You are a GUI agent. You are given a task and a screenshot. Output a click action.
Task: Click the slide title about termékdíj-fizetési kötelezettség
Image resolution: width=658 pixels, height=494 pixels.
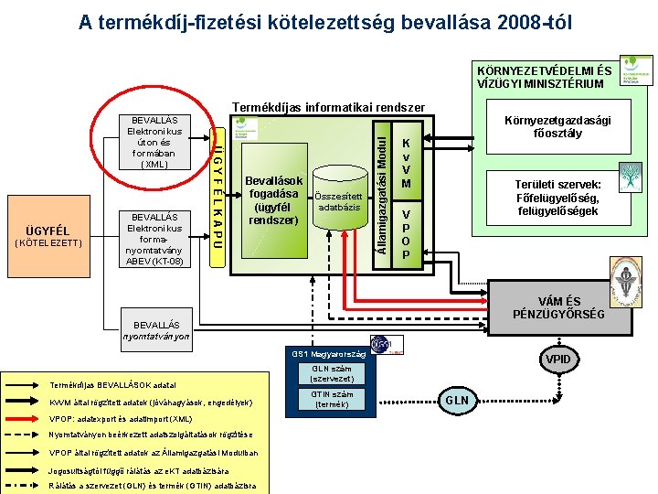pyautogui.click(x=324, y=21)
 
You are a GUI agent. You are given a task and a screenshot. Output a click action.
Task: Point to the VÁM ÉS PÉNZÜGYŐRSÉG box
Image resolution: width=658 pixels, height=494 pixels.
pyautogui.click(x=558, y=307)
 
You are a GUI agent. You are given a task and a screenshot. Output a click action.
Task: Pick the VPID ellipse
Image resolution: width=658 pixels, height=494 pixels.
pyautogui.click(x=557, y=359)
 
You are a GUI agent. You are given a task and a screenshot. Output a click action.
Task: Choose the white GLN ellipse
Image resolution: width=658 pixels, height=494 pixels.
pyautogui.click(x=458, y=400)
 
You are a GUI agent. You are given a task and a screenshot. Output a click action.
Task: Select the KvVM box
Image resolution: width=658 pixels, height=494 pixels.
pyautogui.click(x=407, y=157)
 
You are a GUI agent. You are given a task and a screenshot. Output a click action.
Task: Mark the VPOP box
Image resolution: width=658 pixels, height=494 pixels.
pyautogui.click(x=407, y=232)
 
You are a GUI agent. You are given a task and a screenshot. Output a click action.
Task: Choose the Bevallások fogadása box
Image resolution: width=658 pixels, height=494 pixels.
pyautogui.click(x=272, y=200)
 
